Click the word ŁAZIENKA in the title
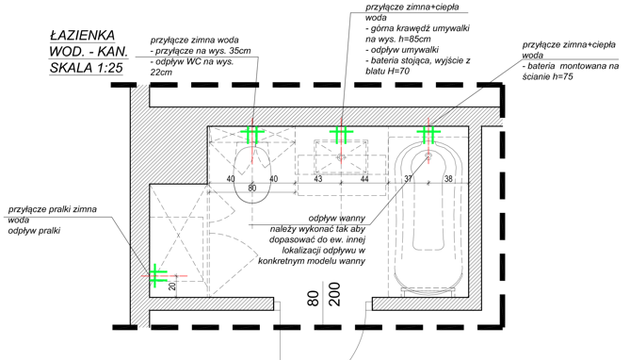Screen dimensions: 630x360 point(82,36)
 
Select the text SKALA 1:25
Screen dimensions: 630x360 point(86,68)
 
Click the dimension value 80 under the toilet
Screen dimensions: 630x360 point(252,188)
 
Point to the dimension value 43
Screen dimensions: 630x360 point(317,179)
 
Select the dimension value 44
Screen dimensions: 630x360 point(364,179)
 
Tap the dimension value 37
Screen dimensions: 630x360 point(408,178)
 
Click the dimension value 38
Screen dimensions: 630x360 point(448,178)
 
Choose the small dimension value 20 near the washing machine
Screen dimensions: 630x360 point(172,286)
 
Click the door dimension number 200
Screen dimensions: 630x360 point(334,294)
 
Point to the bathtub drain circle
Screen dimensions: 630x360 point(428,155)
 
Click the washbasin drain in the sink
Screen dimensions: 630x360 point(341,156)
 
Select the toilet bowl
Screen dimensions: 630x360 point(252,173)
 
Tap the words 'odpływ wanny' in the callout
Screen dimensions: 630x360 point(337,219)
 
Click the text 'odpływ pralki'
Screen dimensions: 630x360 point(34,231)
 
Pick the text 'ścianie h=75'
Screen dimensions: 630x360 point(548,76)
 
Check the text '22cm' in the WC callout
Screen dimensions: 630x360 point(161,73)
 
